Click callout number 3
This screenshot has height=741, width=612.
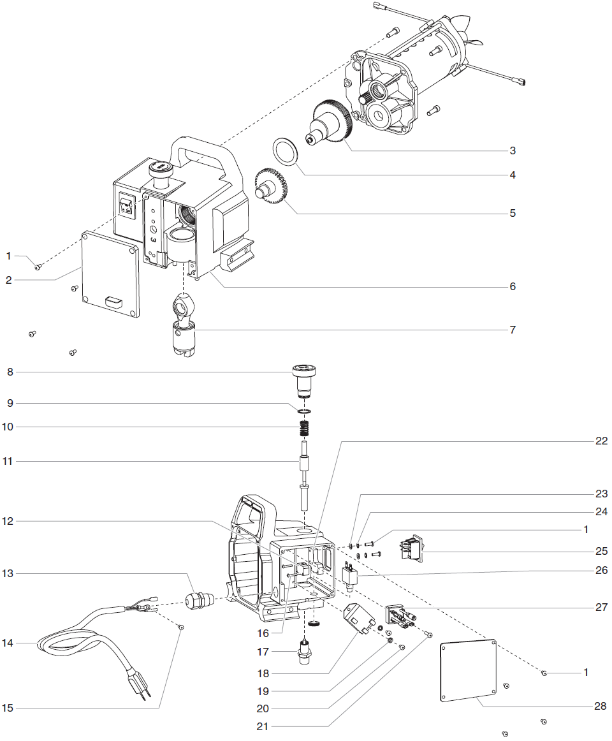click(x=512, y=151)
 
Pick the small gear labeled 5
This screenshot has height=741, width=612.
click(x=273, y=184)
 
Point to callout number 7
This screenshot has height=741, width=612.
click(x=512, y=330)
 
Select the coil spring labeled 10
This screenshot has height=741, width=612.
click(x=305, y=427)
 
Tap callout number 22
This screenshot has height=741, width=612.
click(x=601, y=441)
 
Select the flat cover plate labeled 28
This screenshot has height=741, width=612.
click(x=468, y=670)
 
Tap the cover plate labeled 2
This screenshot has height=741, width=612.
click(x=110, y=274)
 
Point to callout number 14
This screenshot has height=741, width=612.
click(x=8, y=644)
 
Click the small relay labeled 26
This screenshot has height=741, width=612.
click(x=351, y=576)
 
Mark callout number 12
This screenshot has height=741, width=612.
click(x=8, y=521)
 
